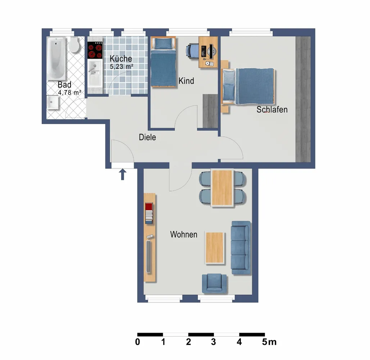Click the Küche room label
[121, 59]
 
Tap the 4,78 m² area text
[70, 93]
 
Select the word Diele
[147, 137]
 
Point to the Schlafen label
[272, 109]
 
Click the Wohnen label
[184, 235]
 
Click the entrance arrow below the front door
[123, 175]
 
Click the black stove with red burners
[95, 50]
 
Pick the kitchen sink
[95, 72]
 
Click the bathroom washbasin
[52, 103]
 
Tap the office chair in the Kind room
[192, 51]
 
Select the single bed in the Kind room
[163, 62]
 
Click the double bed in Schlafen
[248, 86]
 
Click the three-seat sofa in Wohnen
[241, 248]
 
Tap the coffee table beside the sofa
[215, 248]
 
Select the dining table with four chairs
[222, 188]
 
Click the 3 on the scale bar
[213, 342]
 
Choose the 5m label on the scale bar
[269, 342]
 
